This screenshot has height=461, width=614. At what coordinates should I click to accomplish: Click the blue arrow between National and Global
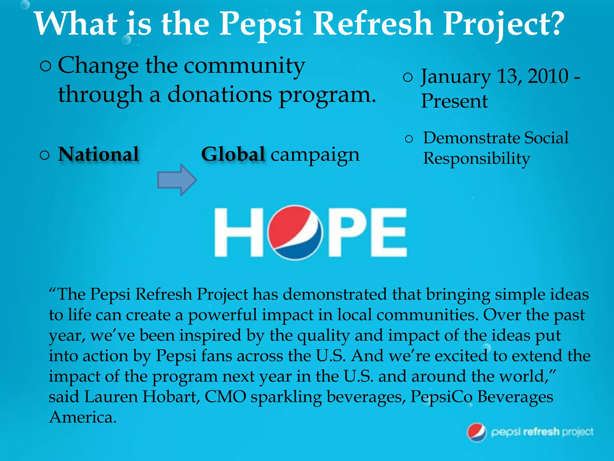tap(177, 180)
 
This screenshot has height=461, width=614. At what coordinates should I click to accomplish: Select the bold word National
tap(98, 154)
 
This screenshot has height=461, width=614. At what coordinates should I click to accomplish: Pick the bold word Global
tap(233, 154)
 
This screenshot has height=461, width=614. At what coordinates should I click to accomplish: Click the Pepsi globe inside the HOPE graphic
tap(295, 232)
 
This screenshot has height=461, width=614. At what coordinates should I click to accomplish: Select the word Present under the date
tap(454, 101)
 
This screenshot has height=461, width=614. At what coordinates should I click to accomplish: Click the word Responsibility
tap(476, 158)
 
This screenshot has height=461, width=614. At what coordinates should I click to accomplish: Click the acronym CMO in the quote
tap(225, 397)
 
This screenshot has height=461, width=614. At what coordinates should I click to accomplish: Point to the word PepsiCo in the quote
tap(442, 397)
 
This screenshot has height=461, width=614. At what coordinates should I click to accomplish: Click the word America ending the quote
tap(82, 417)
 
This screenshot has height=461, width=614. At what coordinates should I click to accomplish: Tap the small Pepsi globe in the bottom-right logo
tap(477, 432)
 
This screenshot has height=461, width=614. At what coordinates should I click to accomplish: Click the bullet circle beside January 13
tap(408, 78)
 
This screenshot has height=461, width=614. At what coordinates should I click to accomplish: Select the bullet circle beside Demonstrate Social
tap(409, 139)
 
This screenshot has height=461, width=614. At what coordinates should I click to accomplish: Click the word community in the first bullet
tap(244, 66)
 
